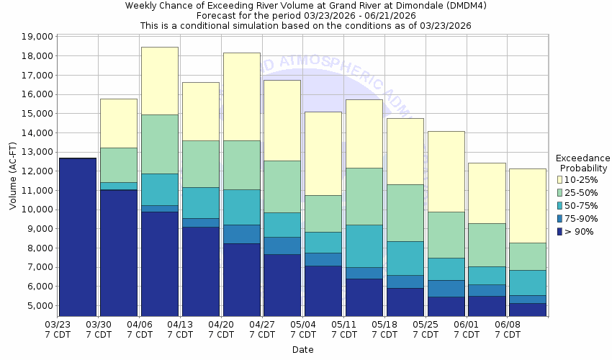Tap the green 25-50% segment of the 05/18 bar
pyautogui.click(x=405, y=212)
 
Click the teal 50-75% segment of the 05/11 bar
pyautogui.click(x=364, y=246)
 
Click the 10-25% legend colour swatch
pyautogui.click(x=560, y=179)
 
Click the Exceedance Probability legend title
pyautogui.click(x=583, y=163)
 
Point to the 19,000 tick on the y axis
pyautogui.click(x=37, y=37)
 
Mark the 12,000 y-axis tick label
pyautogui.click(x=37, y=171)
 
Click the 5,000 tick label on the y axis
pyautogui.click(x=40, y=306)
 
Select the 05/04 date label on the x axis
pyautogui.click(x=303, y=330)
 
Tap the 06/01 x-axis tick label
pyautogui.click(x=467, y=330)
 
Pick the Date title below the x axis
pyautogui.click(x=302, y=350)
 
